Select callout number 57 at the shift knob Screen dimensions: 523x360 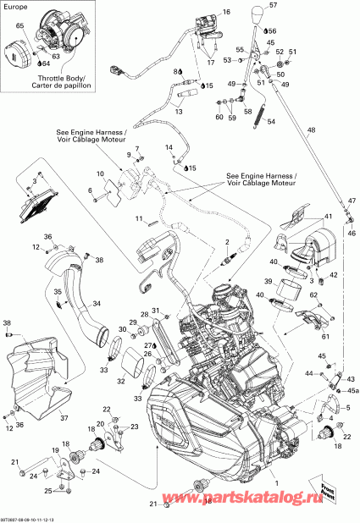pyautogui.click(x=273, y=6)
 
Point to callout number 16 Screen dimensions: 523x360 pyautogui.click(x=226, y=13)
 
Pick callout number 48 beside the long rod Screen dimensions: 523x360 pyautogui.click(x=310, y=129)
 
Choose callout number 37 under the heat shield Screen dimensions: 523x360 pyautogui.click(x=62, y=416)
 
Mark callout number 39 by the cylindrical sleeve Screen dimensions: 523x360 pyautogui.click(x=266, y=281)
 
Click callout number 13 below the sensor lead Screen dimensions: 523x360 pyautogui.click(x=179, y=110)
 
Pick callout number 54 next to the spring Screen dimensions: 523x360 pyautogui.click(x=272, y=122)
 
